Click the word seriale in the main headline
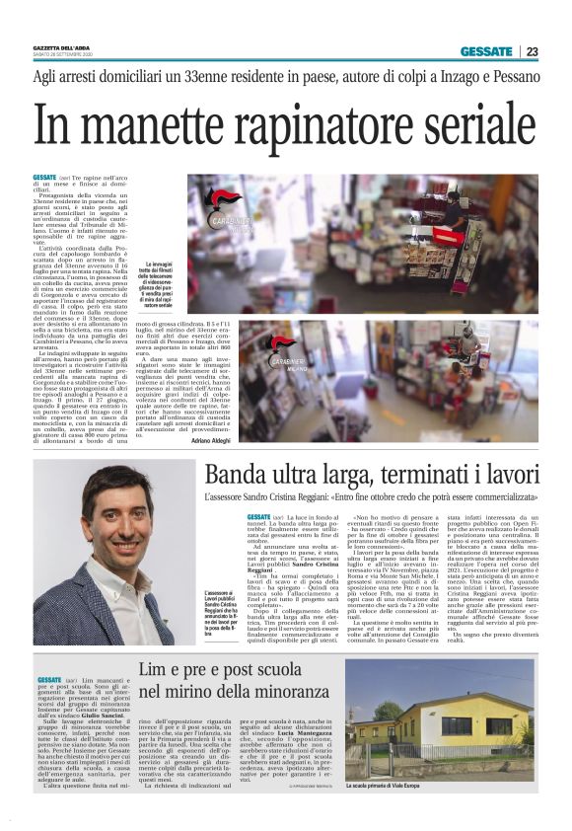click(x=468, y=126)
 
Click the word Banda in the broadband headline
click(x=231, y=475)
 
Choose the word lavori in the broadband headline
click(x=502, y=475)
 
